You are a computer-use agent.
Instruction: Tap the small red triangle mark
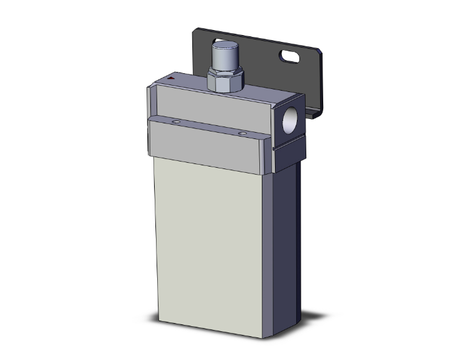[x=172, y=78]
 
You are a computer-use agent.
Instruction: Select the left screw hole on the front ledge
[x=177, y=121]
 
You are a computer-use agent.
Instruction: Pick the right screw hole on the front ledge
[x=242, y=133]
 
